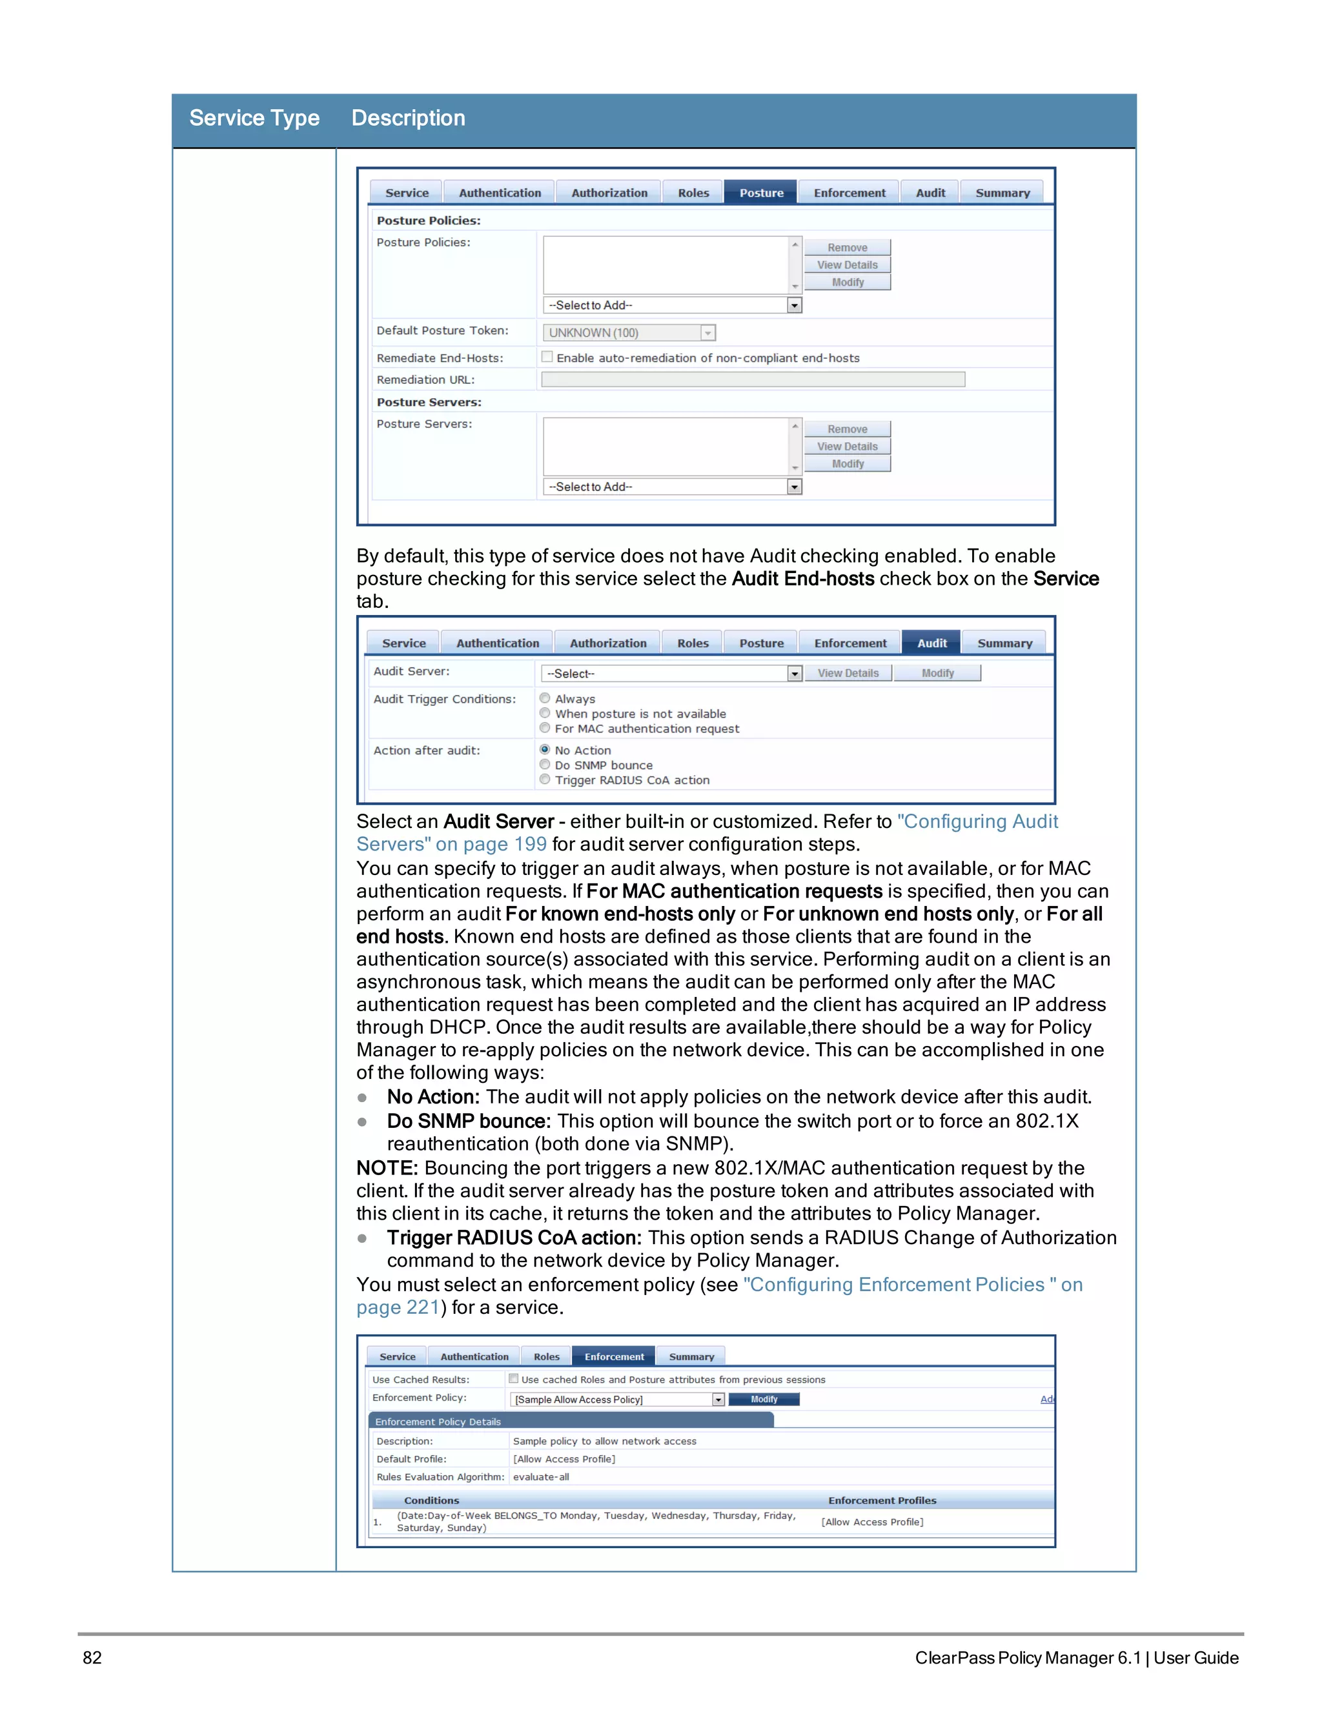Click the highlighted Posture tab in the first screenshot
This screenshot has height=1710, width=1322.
[x=760, y=192]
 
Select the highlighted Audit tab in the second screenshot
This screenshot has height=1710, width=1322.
[x=931, y=643]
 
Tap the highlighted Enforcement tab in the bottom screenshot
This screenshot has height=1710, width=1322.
[x=614, y=1357]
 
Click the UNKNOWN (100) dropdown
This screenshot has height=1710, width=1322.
[x=629, y=333]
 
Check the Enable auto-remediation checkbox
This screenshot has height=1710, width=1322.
[x=547, y=357]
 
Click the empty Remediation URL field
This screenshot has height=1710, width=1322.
[x=753, y=379]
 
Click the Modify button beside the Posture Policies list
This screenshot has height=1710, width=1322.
[x=848, y=283]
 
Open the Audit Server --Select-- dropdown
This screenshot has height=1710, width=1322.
[x=671, y=673]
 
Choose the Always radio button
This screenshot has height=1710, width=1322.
[x=545, y=698]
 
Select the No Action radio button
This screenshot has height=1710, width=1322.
[x=545, y=749]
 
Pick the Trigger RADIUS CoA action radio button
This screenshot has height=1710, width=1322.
[x=545, y=779]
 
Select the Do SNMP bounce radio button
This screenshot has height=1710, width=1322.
[x=545, y=764]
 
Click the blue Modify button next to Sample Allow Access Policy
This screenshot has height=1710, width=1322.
[x=764, y=1399]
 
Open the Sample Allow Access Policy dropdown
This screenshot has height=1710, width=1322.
[x=617, y=1399]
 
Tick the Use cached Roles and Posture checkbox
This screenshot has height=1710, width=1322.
[x=514, y=1379]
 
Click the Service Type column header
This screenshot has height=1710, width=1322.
[x=254, y=118]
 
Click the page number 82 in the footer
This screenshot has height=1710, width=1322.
[x=92, y=1658]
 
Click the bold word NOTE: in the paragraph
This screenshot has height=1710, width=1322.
[x=387, y=1168]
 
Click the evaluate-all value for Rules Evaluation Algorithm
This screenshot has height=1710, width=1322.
[x=541, y=1476]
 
